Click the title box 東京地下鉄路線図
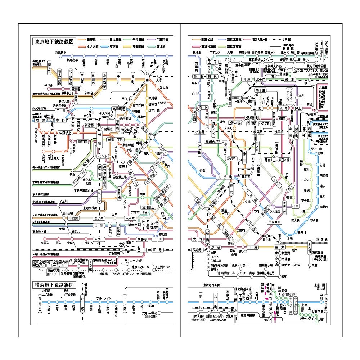53,41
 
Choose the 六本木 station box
130,218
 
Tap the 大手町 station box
226,177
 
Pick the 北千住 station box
259,79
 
